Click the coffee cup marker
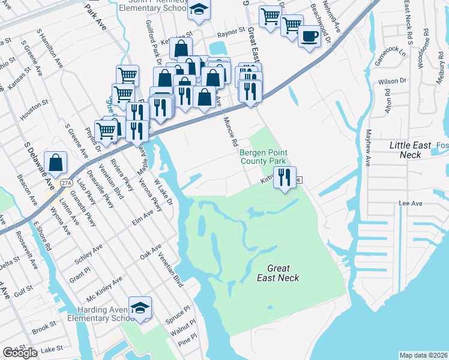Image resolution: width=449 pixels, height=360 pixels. tap(309, 36)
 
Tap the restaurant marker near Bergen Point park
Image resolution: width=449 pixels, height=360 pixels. tap(285, 177)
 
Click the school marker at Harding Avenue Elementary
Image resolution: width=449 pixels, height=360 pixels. tap(140, 308)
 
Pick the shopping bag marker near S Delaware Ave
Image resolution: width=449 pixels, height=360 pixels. tap(55, 162)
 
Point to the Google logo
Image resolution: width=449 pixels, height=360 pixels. tap(20, 353)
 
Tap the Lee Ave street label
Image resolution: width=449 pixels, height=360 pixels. tap(411, 203)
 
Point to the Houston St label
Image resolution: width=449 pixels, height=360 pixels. tap(34, 111)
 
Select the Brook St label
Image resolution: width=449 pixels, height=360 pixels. tap(44, 328)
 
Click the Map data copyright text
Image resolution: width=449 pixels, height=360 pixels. tap(424, 355)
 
